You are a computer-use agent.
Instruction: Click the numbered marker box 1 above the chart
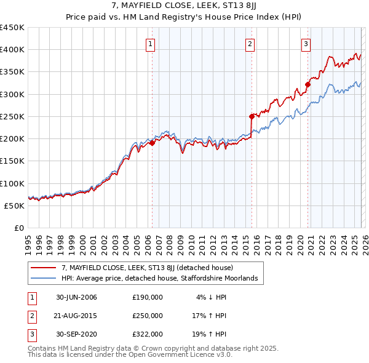(x=151, y=43)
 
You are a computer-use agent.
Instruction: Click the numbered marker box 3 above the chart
(x=306, y=43)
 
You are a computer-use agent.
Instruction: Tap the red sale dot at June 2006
(x=152, y=143)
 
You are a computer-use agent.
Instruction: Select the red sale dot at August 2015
(x=252, y=116)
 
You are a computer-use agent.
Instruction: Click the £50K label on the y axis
(x=15, y=205)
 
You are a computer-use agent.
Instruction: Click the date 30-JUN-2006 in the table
(x=76, y=297)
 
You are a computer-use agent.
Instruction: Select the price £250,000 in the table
(x=148, y=316)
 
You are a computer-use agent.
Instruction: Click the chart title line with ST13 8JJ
(x=184, y=7)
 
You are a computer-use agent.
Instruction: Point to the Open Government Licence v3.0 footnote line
(x=130, y=355)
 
